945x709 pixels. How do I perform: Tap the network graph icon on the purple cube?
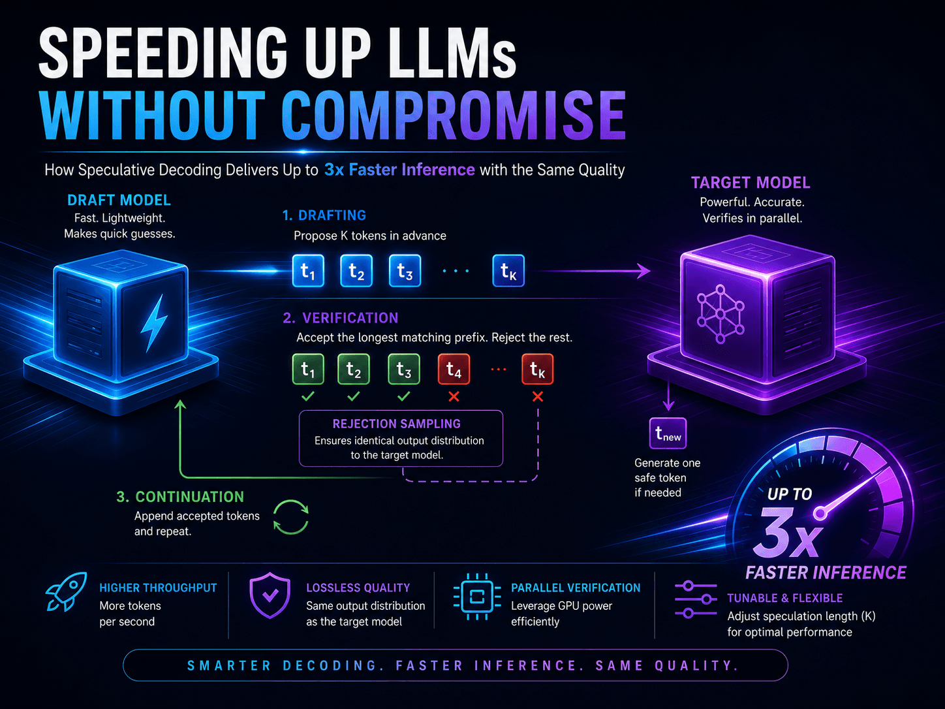pyautogui.click(x=720, y=314)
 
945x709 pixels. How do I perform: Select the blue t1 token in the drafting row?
pyautogui.click(x=308, y=271)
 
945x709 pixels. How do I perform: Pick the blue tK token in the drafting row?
pyautogui.click(x=508, y=271)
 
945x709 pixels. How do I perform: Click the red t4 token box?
pyautogui.click(x=454, y=369)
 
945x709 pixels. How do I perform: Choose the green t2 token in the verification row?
pyautogui.click(x=354, y=369)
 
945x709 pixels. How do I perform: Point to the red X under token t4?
pyautogui.click(x=454, y=396)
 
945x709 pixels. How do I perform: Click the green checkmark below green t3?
pyautogui.click(x=403, y=396)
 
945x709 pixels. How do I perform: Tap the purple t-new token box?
pyautogui.click(x=668, y=433)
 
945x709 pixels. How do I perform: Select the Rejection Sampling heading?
pyautogui.click(x=397, y=424)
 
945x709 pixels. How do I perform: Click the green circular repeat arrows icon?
pyautogui.click(x=291, y=517)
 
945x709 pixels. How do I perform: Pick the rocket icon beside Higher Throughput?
pyautogui.click(x=66, y=591)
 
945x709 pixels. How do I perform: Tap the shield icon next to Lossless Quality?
pyautogui.click(x=270, y=595)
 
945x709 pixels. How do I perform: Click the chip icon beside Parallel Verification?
pyautogui.click(x=477, y=597)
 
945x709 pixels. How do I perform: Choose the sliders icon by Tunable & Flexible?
pyautogui.click(x=696, y=599)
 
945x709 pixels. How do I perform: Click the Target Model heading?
pyautogui.click(x=751, y=183)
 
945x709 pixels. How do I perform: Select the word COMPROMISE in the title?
pyautogui.click(x=454, y=116)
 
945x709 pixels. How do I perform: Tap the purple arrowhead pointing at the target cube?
pyautogui.click(x=644, y=271)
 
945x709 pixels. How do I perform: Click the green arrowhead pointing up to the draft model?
pyautogui.click(x=180, y=405)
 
